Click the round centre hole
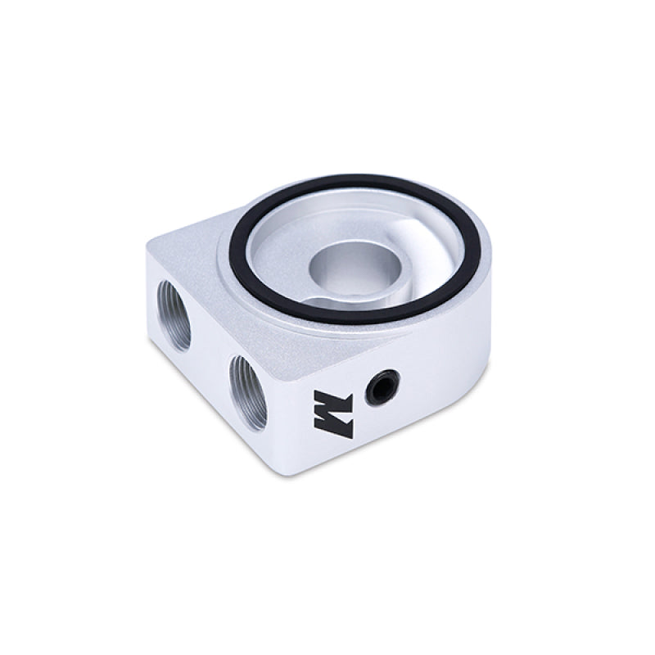click(350, 271)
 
